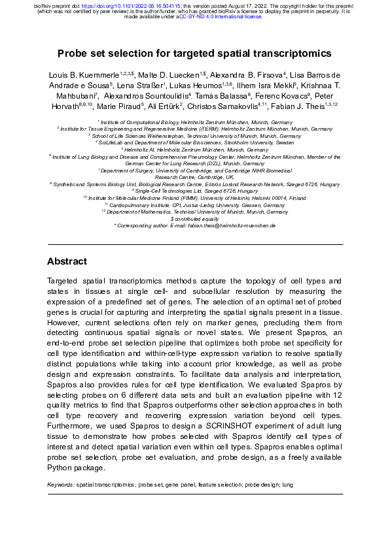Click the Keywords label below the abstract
tap(61, 485)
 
